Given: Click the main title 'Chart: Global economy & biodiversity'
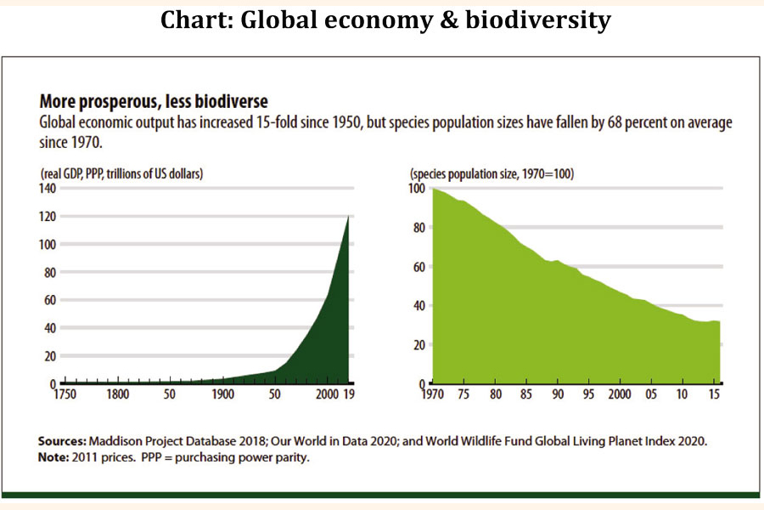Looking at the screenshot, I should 385,20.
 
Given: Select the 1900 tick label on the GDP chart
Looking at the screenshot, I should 222,395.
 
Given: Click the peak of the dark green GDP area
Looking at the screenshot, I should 348,218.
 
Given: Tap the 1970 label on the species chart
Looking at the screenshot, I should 433,395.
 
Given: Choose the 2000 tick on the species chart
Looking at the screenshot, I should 618,395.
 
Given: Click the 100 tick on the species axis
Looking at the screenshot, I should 414,188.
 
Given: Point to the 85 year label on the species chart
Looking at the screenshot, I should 525,395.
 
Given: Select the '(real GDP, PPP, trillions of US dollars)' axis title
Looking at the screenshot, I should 125,173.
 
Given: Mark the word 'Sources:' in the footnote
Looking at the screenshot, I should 64,441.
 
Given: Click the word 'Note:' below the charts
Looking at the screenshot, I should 56,457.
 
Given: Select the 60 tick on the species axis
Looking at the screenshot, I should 418,267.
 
